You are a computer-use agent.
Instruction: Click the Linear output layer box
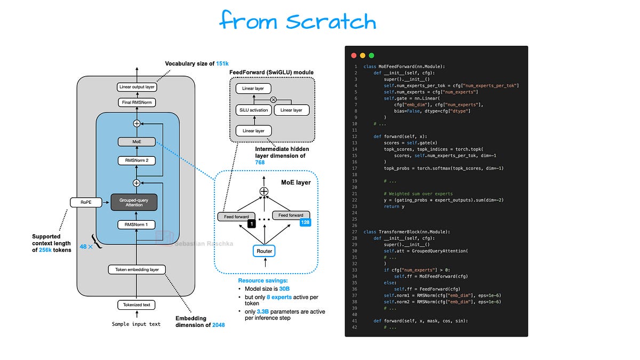pyautogui.click(x=137, y=87)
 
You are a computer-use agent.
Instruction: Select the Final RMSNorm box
pyautogui.click(x=137, y=102)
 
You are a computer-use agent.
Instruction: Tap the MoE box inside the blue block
pyautogui.click(x=137, y=142)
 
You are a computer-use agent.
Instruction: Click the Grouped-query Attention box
pyautogui.click(x=137, y=202)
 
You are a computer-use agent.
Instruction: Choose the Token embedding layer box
pyautogui.click(x=137, y=269)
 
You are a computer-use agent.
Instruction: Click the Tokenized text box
pyautogui.click(x=137, y=305)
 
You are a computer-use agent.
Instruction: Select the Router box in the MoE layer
pyautogui.click(x=265, y=250)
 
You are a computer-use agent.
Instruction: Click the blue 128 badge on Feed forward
pyautogui.click(x=305, y=222)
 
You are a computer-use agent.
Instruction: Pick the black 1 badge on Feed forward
pyautogui.click(x=251, y=223)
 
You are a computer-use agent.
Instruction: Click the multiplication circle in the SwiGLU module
pyautogui.click(x=274, y=100)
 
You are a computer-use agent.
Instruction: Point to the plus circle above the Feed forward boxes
pyautogui.click(x=263, y=191)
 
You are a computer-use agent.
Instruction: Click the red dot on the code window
pyautogui.click(x=353, y=55)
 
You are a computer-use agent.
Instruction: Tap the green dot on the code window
pyautogui.click(x=371, y=55)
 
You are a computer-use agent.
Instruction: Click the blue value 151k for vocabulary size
pyautogui.click(x=223, y=63)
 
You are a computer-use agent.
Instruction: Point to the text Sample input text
pyautogui.click(x=136, y=324)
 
